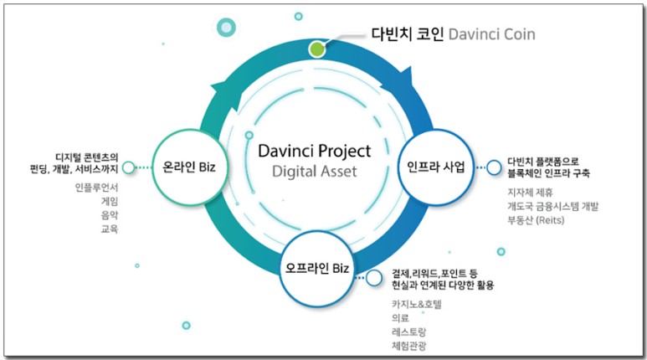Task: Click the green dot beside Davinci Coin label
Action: (316, 49)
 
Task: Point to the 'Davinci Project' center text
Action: (313, 152)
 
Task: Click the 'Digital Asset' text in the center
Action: (314, 172)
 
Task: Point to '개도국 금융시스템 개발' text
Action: (553, 206)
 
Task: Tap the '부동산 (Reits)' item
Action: (537, 220)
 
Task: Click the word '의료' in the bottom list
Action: (399, 318)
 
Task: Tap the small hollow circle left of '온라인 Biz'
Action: (128, 167)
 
